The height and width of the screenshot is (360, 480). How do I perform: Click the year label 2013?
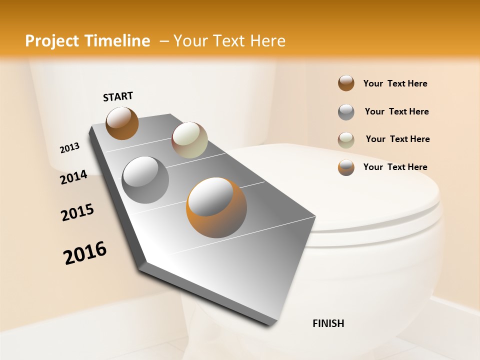(70, 148)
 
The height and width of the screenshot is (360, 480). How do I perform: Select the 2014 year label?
(74, 177)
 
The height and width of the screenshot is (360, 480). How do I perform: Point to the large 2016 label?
(85, 253)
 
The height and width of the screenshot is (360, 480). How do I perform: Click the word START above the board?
(118, 96)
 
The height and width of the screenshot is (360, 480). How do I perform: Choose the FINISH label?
(328, 323)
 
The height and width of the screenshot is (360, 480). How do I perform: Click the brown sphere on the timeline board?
(122, 123)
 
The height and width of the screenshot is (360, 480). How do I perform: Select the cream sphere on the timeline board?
(189, 140)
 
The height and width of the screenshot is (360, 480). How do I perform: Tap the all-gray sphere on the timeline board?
(145, 180)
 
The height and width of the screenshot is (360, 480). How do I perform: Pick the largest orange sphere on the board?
(216, 207)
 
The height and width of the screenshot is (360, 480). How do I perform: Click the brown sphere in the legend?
(346, 83)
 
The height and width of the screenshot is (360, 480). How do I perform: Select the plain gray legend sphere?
(346, 111)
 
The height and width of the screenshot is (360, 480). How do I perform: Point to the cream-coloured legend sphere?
(346, 139)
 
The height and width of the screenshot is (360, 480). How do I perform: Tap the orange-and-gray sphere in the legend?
(346, 167)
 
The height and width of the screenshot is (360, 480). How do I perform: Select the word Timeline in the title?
(119, 41)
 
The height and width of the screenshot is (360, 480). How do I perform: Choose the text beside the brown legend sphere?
(395, 83)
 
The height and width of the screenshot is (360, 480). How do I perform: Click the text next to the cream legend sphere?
(397, 139)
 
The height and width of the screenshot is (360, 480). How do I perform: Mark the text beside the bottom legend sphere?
(395, 167)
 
